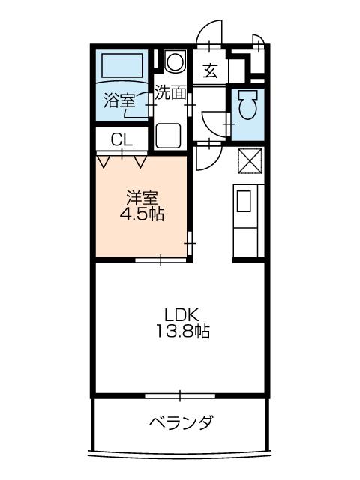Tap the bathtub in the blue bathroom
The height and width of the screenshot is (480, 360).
click(122, 65)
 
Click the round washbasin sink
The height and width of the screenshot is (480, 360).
click(175, 61)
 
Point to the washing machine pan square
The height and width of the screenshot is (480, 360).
click(168, 136)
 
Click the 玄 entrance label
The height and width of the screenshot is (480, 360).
click(210, 70)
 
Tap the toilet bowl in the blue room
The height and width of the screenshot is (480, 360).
click(248, 105)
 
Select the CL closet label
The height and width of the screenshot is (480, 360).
click(121, 140)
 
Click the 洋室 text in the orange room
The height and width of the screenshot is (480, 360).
click(142, 198)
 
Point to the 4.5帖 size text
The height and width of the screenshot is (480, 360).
click(142, 214)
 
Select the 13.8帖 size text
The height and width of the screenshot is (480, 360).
click(183, 331)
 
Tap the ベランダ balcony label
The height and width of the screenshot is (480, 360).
click(181, 422)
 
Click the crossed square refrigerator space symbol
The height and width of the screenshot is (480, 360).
click(250, 161)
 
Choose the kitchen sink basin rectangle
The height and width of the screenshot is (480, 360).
click(244, 201)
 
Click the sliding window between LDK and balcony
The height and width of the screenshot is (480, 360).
click(180, 395)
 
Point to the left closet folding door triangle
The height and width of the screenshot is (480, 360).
click(103, 162)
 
